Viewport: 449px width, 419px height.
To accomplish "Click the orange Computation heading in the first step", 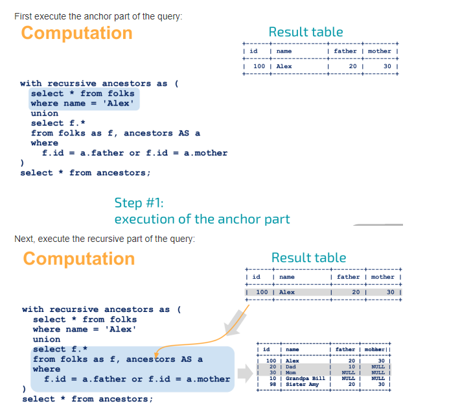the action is (77, 33).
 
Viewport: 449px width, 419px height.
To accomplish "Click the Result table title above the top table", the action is (306, 32).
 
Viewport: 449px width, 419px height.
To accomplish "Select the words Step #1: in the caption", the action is (139, 203).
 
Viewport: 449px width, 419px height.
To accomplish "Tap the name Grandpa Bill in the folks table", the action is (306, 378).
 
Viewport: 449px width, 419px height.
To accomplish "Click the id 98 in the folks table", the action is (273, 384).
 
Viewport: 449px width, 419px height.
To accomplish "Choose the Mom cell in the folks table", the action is (292, 372).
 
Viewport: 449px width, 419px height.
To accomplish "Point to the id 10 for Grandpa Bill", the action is (273, 378).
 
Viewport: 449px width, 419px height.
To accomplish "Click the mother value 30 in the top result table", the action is (387, 66).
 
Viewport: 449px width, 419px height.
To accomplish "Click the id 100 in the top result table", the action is (259, 66).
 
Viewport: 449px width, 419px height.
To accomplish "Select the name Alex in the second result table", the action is (286, 292).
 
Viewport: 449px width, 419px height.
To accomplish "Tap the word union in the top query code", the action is (45, 114).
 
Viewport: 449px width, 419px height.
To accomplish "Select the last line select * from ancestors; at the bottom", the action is (87, 399).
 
